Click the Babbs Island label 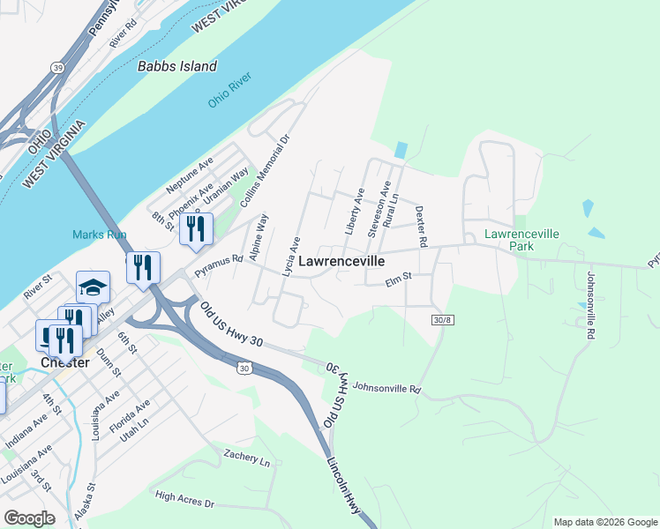176,66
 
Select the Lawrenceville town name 341,262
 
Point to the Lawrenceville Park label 521,241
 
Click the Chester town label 64,362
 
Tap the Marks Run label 100,235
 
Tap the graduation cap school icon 93,287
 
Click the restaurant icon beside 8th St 196,228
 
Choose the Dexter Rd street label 421,227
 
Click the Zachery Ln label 246,458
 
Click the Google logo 29,518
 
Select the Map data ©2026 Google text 604,522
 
